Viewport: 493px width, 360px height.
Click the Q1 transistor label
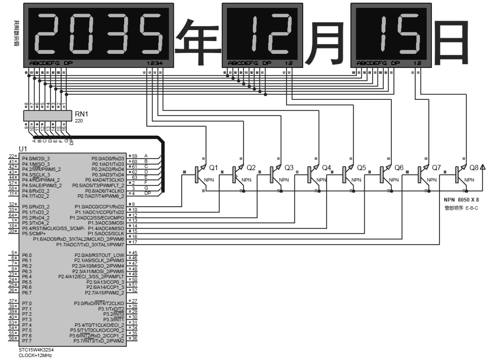[213, 168]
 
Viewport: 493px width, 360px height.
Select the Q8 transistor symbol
[459, 175]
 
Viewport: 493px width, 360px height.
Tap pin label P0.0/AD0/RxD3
[108, 158]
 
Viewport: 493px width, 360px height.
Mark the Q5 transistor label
[361, 168]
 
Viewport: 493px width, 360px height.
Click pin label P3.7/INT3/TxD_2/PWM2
[99, 341]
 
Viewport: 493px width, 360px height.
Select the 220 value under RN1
[79, 121]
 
